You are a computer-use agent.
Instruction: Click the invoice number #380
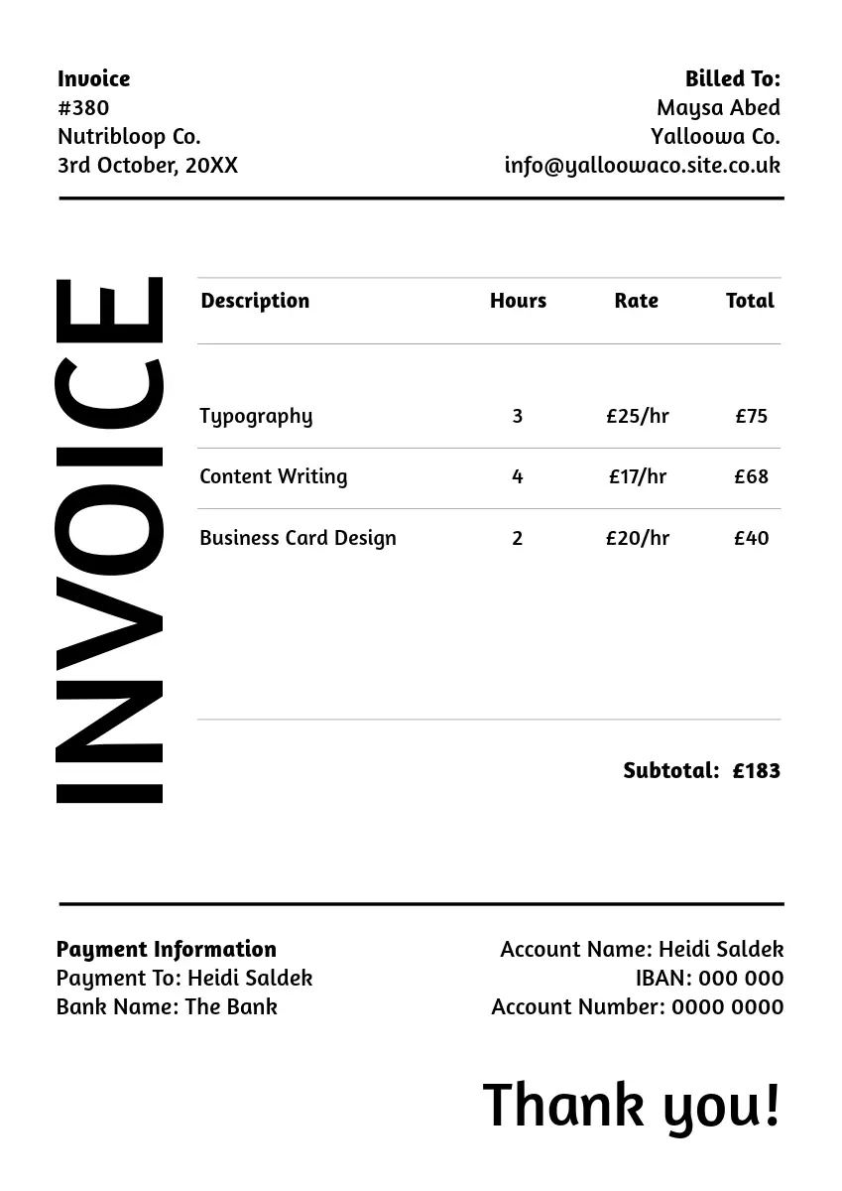click(83, 108)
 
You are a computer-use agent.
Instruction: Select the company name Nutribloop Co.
click(129, 137)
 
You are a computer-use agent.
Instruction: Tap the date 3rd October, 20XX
click(148, 166)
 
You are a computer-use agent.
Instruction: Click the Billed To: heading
click(732, 79)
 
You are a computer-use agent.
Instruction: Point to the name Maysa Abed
click(718, 108)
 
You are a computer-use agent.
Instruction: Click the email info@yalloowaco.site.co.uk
click(642, 166)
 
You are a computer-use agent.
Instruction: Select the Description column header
click(255, 301)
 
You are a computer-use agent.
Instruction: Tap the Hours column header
click(518, 301)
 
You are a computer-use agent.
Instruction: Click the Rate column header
click(636, 301)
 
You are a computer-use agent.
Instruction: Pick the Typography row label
click(256, 417)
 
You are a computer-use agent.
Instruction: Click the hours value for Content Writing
click(517, 477)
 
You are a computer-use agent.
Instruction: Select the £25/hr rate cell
click(638, 417)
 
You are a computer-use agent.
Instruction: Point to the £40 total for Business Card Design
click(751, 538)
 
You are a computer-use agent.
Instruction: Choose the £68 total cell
click(751, 477)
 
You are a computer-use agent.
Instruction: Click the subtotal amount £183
click(756, 771)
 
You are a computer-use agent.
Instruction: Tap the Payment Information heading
click(167, 950)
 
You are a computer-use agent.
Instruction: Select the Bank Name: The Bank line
click(167, 1007)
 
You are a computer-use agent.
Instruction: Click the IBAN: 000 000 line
click(709, 979)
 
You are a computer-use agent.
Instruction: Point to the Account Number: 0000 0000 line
click(637, 1007)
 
